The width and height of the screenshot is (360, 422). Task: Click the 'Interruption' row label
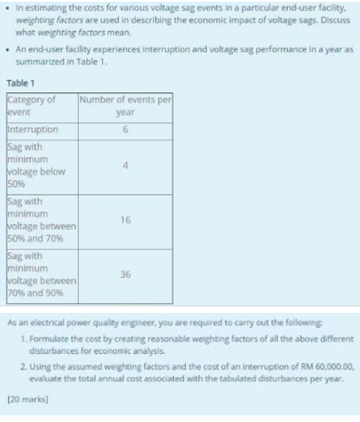[33, 129]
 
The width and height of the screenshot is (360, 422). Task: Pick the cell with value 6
[127, 129]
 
